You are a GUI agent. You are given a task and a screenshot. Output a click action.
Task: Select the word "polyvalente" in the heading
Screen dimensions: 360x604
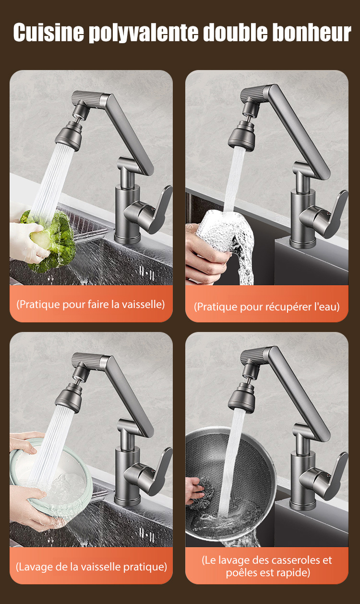144,33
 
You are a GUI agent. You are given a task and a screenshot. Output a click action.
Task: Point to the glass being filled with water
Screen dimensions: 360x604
224,237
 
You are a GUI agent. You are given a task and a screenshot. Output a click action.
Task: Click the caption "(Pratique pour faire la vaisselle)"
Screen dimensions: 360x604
91,305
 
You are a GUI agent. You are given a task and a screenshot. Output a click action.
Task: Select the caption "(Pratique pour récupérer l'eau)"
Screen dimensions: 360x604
266,307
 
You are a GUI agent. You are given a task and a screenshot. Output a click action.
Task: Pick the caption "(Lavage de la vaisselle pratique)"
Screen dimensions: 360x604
91,567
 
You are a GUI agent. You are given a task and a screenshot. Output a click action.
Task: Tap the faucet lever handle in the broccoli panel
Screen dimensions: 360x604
151,209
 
